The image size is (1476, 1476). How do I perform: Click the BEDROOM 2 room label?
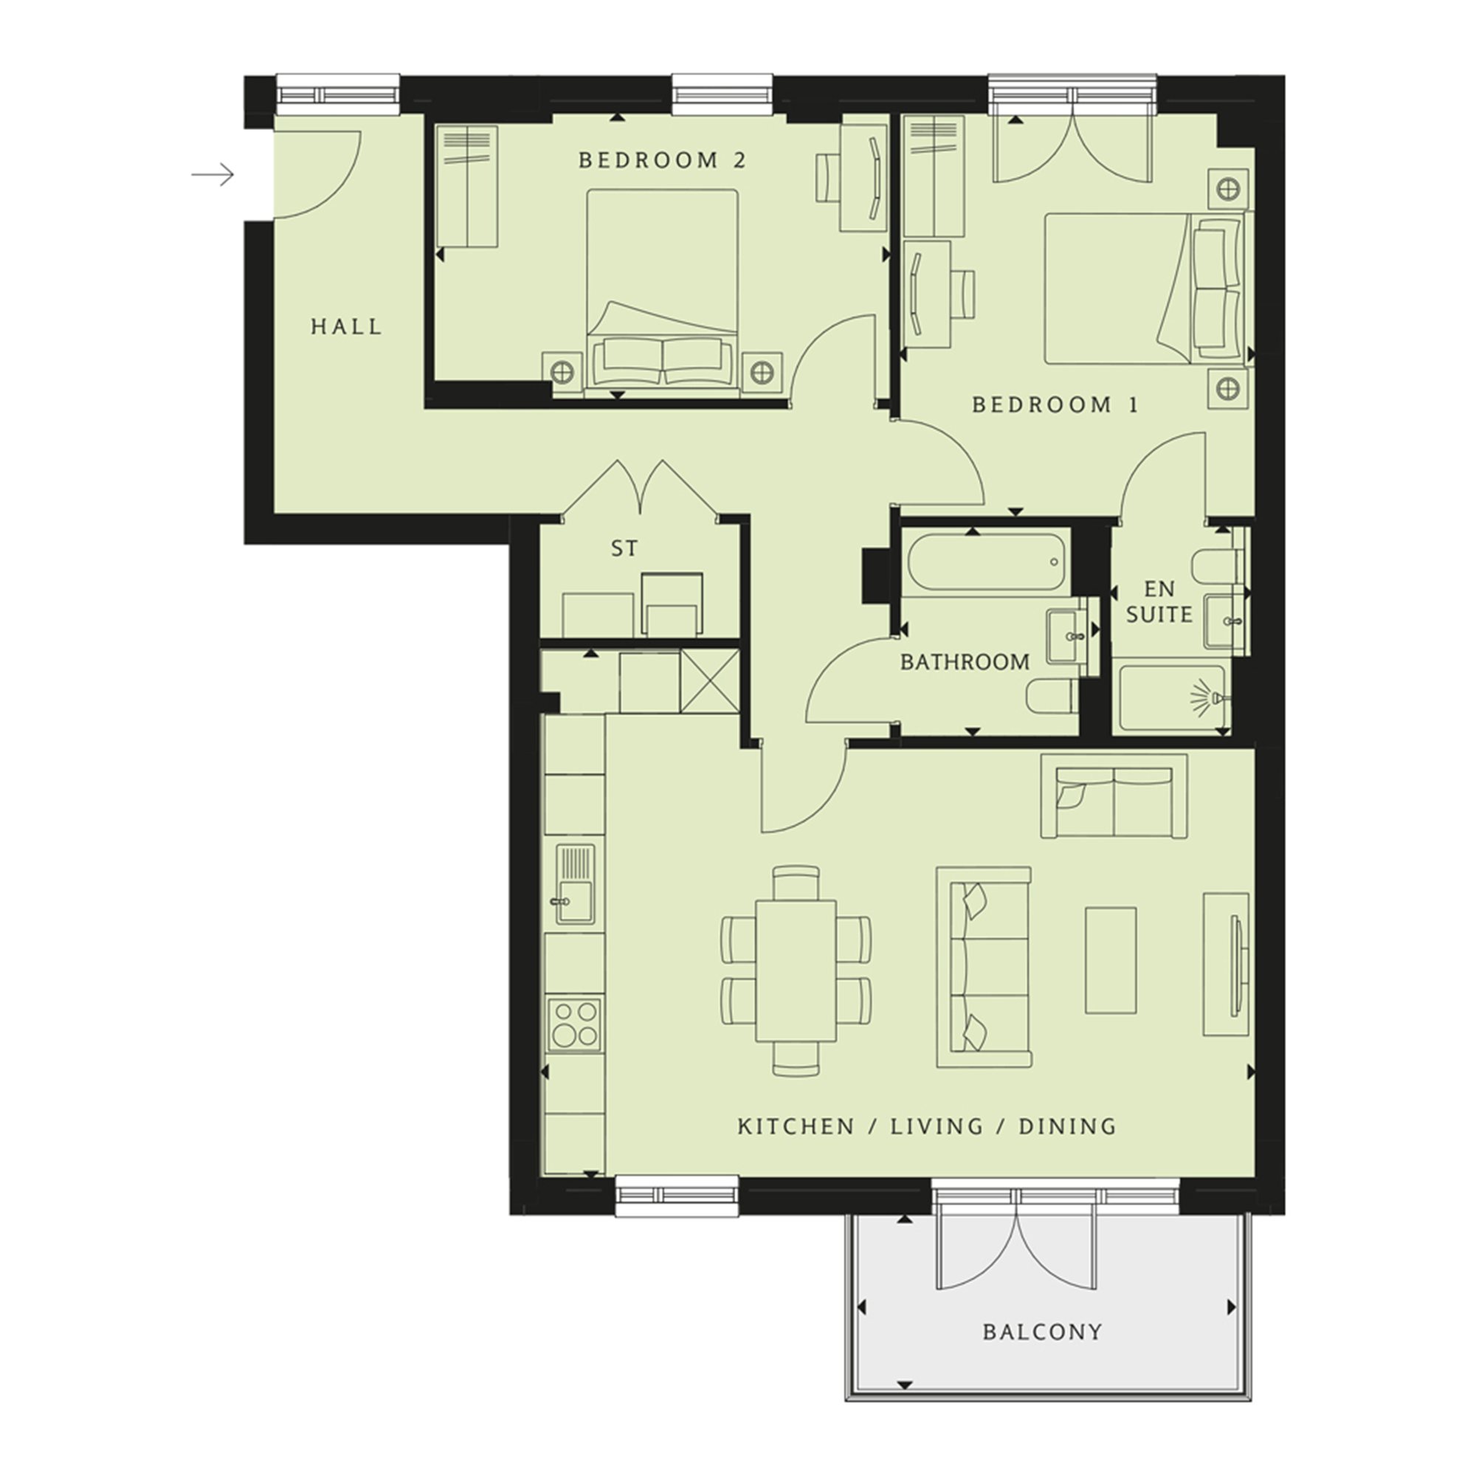[661, 160]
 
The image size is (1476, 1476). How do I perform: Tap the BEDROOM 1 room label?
[1055, 405]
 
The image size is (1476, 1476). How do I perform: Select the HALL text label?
[346, 327]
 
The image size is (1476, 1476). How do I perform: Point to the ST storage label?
[624, 548]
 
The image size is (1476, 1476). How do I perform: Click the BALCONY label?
[1043, 1331]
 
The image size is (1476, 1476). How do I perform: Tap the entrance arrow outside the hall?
[213, 175]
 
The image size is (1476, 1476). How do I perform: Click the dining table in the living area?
[796, 970]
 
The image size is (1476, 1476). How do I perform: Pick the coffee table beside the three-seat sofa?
[1111, 960]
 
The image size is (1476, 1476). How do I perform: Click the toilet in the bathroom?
[1052, 696]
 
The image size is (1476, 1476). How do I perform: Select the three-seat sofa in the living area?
[984, 967]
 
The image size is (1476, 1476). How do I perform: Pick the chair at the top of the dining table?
[796, 883]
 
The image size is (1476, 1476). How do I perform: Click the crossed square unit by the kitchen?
[710, 681]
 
